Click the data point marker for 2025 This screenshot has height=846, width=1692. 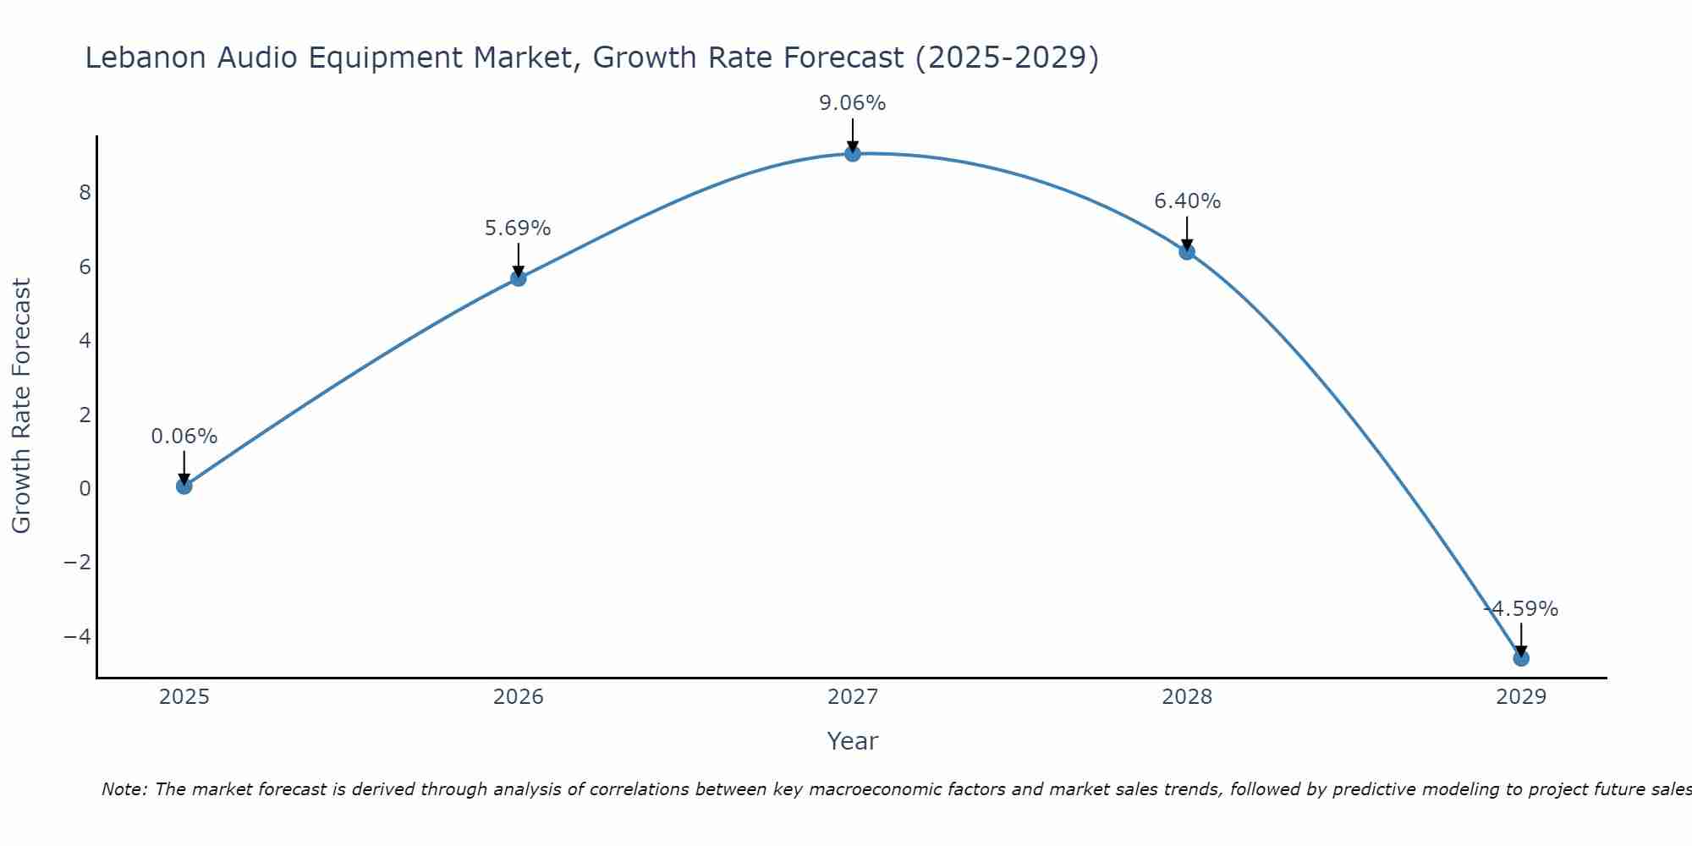click(184, 486)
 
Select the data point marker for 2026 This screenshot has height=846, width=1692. click(518, 277)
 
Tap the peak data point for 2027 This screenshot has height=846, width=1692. click(852, 153)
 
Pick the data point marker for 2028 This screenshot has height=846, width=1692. click(1186, 251)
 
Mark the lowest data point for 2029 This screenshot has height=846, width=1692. click(1520, 657)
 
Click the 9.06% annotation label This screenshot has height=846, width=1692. click(852, 103)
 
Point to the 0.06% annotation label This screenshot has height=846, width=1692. click(184, 437)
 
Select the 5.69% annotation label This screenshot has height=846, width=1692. click(518, 228)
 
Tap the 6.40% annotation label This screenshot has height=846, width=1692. click(1187, 201)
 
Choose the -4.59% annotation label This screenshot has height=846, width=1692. click(1520, 609)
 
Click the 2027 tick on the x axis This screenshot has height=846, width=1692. click(852, 697)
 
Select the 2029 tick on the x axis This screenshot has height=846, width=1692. click(1520, 697)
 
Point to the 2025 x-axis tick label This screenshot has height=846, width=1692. click(184, 697)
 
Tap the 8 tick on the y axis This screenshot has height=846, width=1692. click(85, 193)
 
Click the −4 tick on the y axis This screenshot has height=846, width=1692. click(77, 636)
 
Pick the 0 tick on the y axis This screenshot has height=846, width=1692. click(85, 489)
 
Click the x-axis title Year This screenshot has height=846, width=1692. click(852, 741)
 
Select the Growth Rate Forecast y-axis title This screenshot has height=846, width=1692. click(21, 405)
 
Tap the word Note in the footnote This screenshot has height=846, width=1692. click(124, 789)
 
